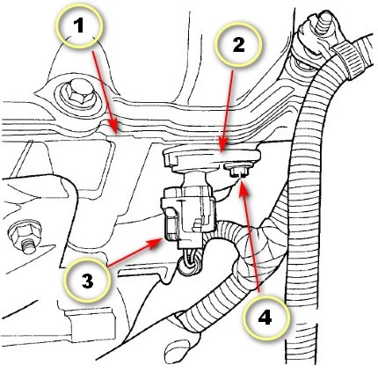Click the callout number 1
coord(79,26)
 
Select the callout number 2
coord(238,45)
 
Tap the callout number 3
coord(87,280)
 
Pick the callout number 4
coord(265,317)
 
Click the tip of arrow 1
coord(116,134)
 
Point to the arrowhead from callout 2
coord(222,150)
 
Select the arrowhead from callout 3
coord(161,239)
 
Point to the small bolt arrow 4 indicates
coord(237,170)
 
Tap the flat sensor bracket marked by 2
coord(212,159)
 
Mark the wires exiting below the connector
coord(190,261)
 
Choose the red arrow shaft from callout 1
coord(104,91)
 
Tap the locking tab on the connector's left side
coord(171,223)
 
